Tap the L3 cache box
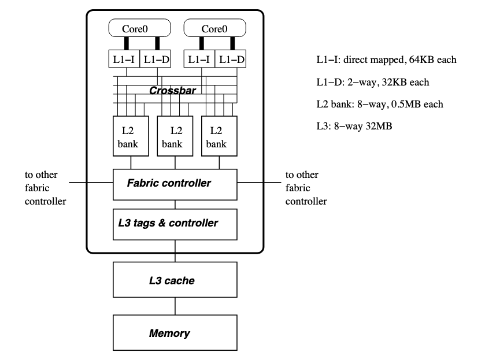[175, 281]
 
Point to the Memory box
[175, 333]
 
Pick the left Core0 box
[134, 28]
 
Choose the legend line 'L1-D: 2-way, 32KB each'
[370, 81]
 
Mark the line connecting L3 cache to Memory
[175, 307]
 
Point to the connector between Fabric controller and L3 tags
[175, 204]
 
